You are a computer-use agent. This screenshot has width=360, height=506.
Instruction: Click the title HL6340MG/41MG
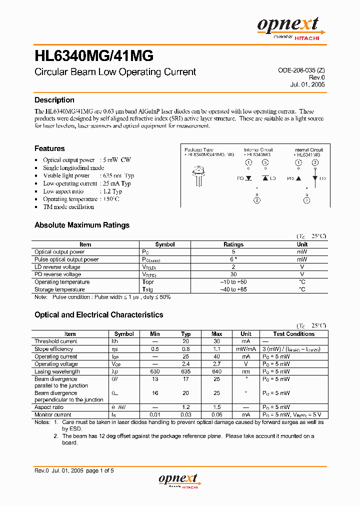pos(94,55)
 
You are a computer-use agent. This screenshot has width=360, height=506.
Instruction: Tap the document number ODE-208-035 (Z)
pos(301,71)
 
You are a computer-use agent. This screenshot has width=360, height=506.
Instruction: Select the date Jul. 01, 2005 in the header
pos(307,84)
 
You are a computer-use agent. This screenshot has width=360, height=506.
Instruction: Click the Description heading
pos(54,100)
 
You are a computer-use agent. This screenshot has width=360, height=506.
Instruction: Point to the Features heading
pos(49,148)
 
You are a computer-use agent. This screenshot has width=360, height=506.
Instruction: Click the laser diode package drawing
pos(196,175)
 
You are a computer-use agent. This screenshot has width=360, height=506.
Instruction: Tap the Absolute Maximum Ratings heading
pos(82,225)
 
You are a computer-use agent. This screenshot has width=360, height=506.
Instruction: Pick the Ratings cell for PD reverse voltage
pos(233,274)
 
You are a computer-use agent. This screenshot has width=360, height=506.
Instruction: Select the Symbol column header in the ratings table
pos(164,244)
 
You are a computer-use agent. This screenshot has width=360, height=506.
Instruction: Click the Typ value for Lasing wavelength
pos(185,371)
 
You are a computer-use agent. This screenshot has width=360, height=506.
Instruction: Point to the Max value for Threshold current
pos(216,341)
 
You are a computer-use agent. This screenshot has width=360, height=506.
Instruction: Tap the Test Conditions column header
pos(293,334)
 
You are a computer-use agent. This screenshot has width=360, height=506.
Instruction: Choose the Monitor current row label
pos(53,414)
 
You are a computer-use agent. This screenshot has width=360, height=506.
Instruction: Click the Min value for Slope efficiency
pos(155,349)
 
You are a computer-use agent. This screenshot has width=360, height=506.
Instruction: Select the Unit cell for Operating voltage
pos(245,364)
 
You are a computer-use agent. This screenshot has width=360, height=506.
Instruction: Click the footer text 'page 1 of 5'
pos(100,470)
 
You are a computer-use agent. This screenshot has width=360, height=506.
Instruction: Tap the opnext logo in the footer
pos(179,480)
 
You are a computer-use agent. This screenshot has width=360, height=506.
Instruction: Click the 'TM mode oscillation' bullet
pos(68,207)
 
